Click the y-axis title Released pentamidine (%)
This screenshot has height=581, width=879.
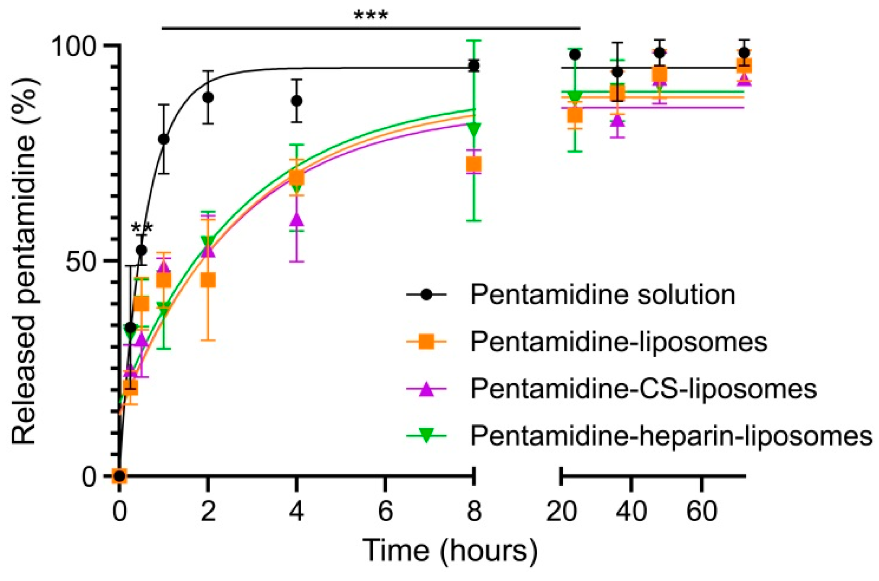24,261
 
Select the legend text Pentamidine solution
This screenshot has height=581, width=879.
603,295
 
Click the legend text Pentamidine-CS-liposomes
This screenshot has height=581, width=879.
643,388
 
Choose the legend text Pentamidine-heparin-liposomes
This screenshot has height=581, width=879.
671,436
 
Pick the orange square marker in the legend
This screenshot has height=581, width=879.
427,342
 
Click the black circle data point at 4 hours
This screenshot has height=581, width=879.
296,101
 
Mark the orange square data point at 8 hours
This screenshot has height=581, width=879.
474,165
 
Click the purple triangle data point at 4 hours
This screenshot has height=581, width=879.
296,220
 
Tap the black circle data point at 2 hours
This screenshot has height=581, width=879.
208,97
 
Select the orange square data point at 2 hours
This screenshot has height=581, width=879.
208,281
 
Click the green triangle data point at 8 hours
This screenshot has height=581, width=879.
474,129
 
